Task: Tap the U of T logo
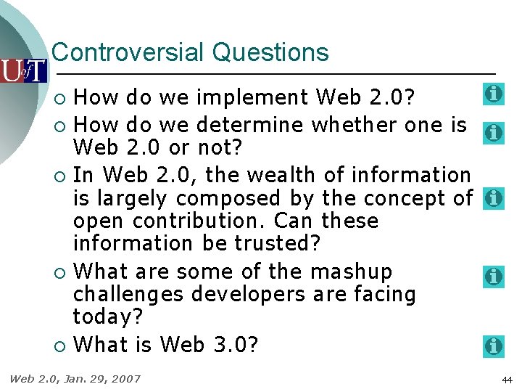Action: (23, 70)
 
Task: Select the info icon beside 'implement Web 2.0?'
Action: (494, 94)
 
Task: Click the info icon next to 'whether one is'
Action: (494, 133)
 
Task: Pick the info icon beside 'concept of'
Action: (494, 198)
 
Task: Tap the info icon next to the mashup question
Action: (494, 276)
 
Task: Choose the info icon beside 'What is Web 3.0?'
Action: (494, 346)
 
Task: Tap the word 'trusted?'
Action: (278, 243)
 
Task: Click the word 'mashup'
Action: (352, 272)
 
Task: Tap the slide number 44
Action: (506, 380)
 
